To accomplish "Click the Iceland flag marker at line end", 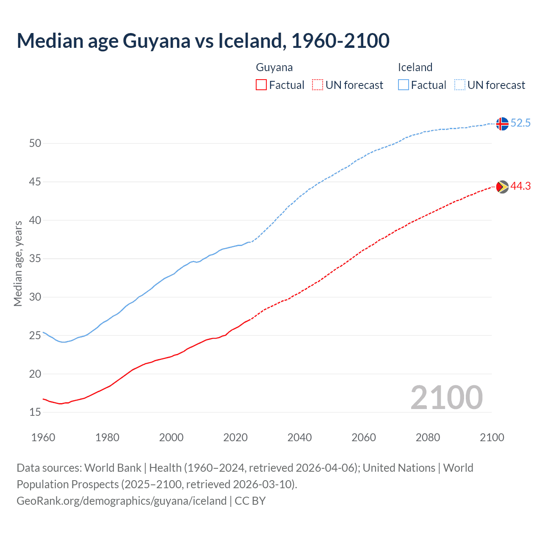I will point(502,124).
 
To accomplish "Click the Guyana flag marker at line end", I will point(502,187).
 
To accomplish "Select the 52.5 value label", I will point(520,123).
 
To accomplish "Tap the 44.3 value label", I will point(520,186).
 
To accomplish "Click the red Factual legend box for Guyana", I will point(261,85).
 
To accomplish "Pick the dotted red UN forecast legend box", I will point(318,85).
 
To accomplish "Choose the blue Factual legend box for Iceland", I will point(404,85).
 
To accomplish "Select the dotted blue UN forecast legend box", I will point(460,85).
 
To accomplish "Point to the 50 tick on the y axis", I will point(35,144).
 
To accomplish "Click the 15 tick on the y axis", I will point(35,412).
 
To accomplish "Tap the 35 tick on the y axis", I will point(35,259).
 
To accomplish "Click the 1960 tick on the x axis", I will point(43,437).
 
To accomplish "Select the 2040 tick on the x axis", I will point(299,437).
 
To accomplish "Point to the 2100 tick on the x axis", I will point(492,437).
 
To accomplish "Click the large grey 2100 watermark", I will point(446,398).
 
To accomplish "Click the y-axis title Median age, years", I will point(18,263).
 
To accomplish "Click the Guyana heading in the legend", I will point(274,67).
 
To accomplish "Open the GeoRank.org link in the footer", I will point(122,501).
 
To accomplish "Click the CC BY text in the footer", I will point(250,501).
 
